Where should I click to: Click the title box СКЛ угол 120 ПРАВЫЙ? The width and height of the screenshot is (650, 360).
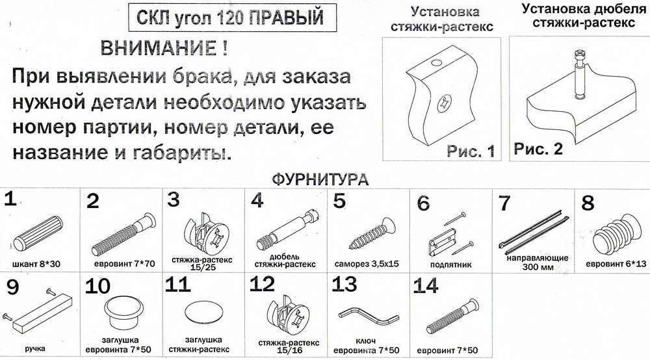click(x=232, y=18)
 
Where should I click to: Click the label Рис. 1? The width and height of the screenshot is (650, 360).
click(x=471, y=151)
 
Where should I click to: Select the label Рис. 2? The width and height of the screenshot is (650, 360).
click(x=538, y=148)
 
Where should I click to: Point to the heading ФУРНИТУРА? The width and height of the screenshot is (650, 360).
click(x=320, y=179)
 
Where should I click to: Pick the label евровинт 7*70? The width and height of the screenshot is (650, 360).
click(x=124, y=263)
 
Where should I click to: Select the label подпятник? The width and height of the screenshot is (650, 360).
click(x=450, y=264)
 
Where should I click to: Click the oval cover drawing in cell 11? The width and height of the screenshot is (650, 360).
click(x=203, y=311)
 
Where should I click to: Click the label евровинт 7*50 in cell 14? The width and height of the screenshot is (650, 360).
click(x=447, y=350)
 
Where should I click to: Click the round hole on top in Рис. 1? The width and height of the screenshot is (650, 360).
click(x=435, y=64)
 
